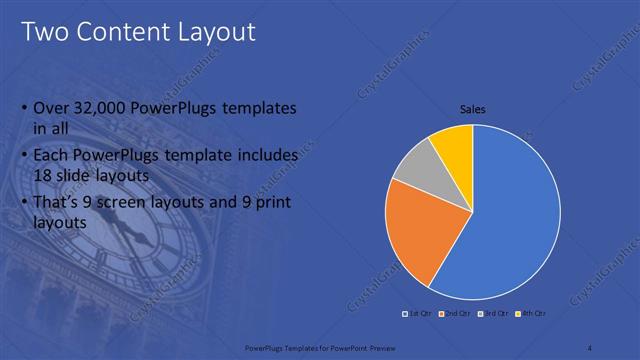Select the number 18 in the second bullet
[44, 175]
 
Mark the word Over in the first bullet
[51, 108]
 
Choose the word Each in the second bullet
[52, 156]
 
